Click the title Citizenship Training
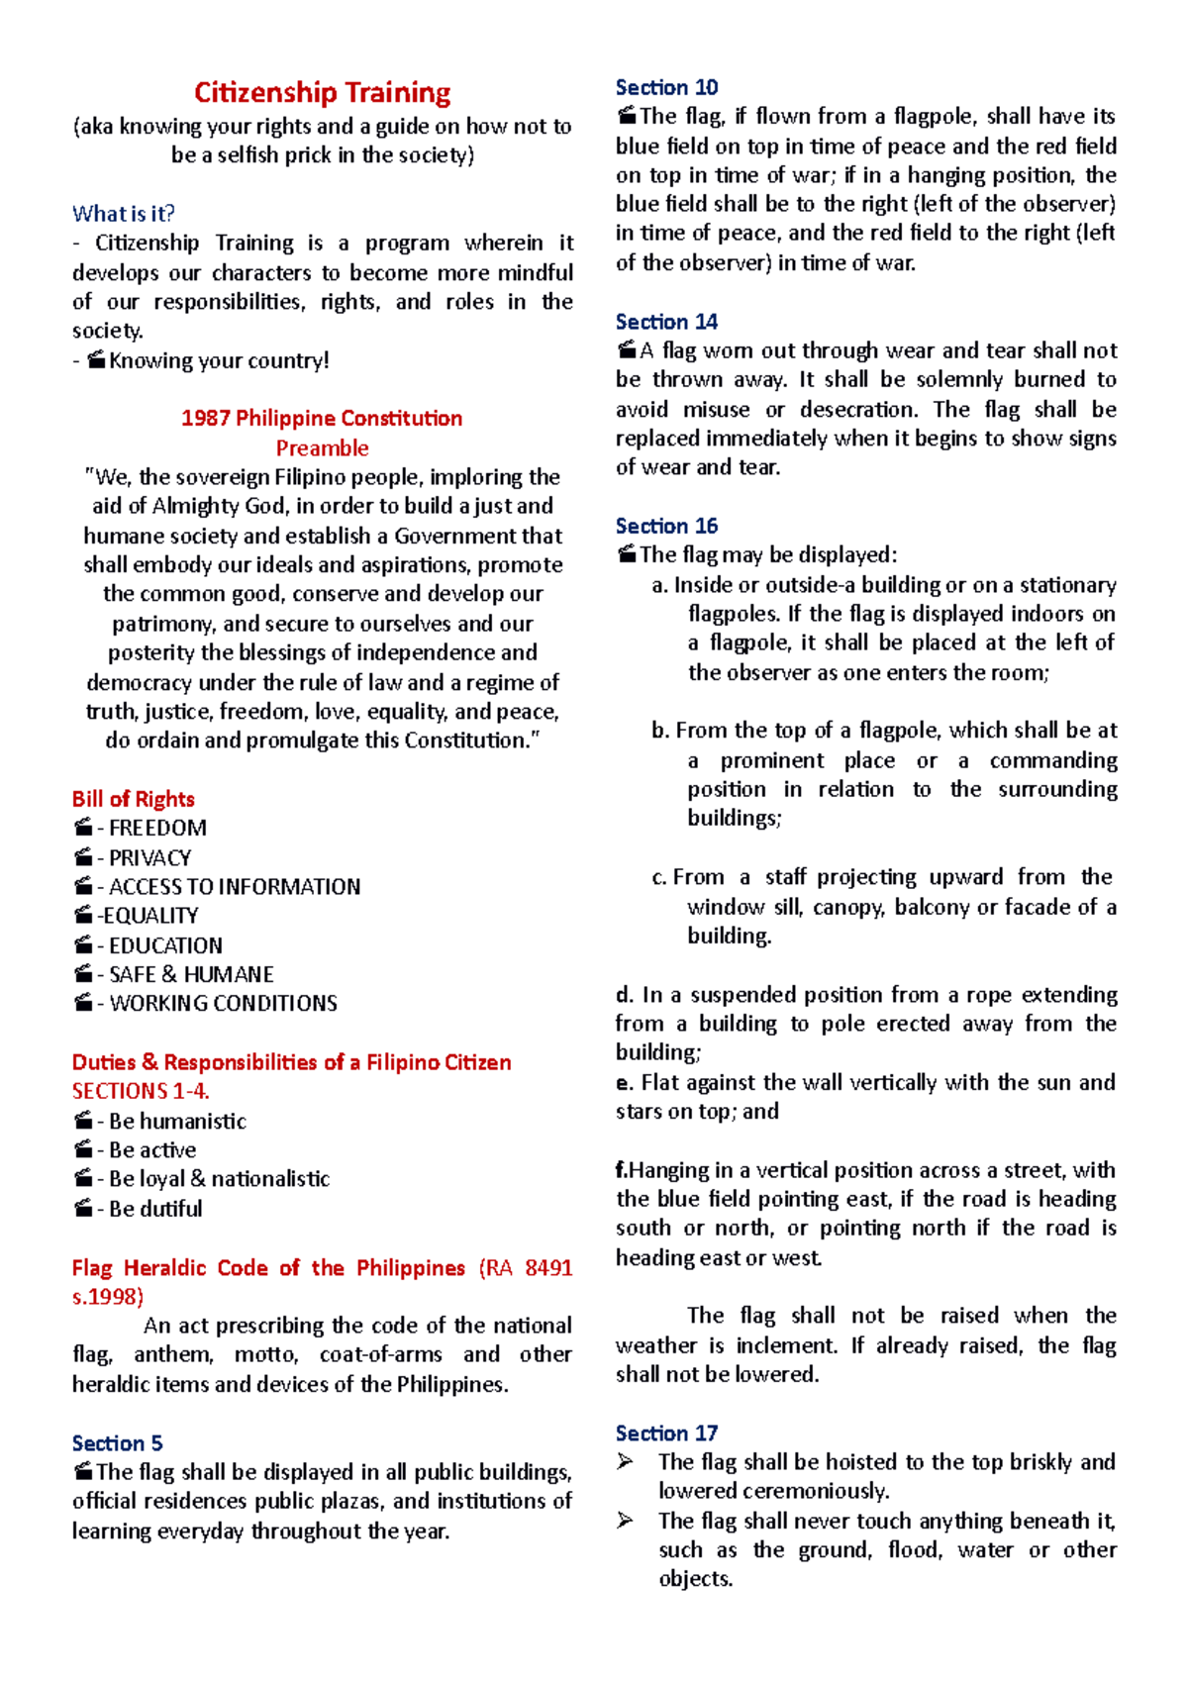coord(322,93)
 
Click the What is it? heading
coord(124,214)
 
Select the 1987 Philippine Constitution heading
coord(322,418)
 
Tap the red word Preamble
coord(322,447)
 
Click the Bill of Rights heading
coord(133,799)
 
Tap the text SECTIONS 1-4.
coord(141,1091)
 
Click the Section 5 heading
coord(117,1442)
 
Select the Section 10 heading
coord(666,87)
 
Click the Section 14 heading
coord(666,322)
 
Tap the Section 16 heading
coord(666,526)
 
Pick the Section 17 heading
coord(666,1433)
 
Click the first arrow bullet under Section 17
coord(625,1462)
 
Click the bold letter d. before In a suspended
coord(624,995)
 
